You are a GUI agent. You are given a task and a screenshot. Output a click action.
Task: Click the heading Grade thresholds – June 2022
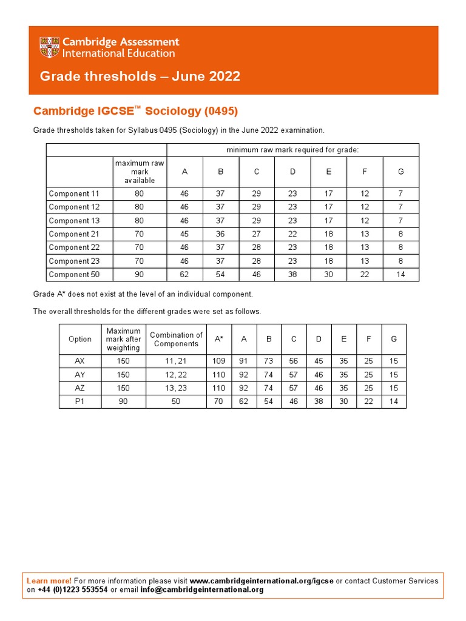point(140,76)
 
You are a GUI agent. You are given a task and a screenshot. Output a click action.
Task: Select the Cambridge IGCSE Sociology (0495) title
point(135,111)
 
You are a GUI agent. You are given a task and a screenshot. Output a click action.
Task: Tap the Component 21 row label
point(73,234)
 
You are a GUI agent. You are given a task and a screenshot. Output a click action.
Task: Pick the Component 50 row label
point(73,274)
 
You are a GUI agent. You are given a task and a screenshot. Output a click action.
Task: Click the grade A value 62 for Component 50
point(184,274)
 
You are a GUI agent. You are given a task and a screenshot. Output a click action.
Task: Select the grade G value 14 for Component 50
point(400,274)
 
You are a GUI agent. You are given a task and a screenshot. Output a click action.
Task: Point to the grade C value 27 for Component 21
point(257,234)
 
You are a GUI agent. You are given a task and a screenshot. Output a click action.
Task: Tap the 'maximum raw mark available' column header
point(140,172)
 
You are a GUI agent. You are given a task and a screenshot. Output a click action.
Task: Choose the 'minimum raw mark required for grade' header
point(292,149)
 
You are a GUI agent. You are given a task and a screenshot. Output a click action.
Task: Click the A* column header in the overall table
point(219,339)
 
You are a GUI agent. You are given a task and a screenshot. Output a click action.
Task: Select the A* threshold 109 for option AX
point(219,361)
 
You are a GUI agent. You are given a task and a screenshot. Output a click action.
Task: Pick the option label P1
point(80,401)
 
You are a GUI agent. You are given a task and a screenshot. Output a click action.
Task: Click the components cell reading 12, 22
point(176,374)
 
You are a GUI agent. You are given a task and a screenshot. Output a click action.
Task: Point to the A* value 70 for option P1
point(219,401)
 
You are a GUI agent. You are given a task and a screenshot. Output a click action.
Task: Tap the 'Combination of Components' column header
point(176,339)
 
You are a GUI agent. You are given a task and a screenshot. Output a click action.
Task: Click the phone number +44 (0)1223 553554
point(73,589)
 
